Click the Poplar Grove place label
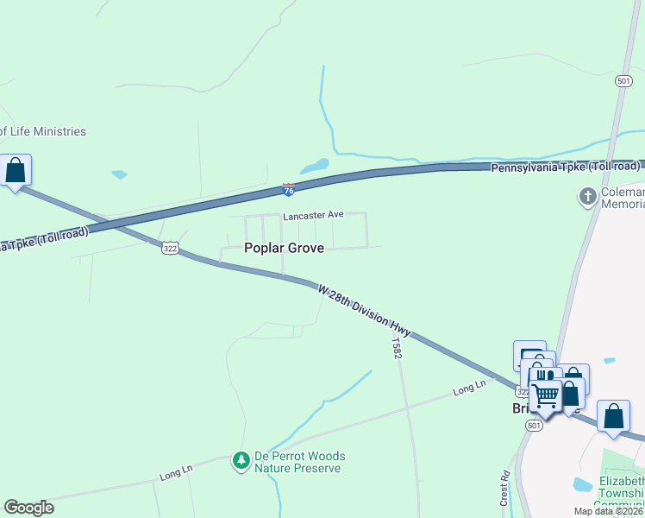click(284, 248)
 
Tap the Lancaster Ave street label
click(314, 214)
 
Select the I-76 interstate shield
click(289, 187)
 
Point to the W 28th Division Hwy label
click(364, 310)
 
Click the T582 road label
click(396, 348)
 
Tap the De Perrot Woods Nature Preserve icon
click(241, 462)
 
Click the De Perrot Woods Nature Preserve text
click(299, 462)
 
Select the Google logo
click(28, 508)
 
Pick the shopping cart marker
click(545, 396)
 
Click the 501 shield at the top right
click(624, 80)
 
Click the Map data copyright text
click(609, 511)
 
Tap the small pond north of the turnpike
click(315, 165)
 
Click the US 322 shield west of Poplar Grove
click(169, 248)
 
